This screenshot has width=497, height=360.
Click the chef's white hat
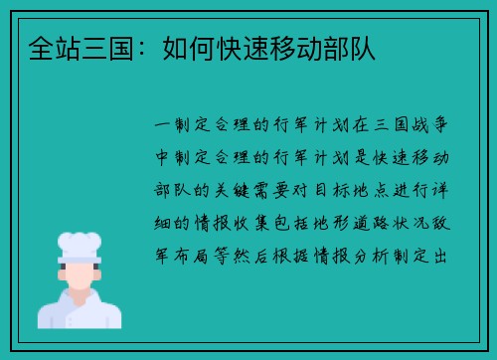pyautogui.click(x=80, y=243)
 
